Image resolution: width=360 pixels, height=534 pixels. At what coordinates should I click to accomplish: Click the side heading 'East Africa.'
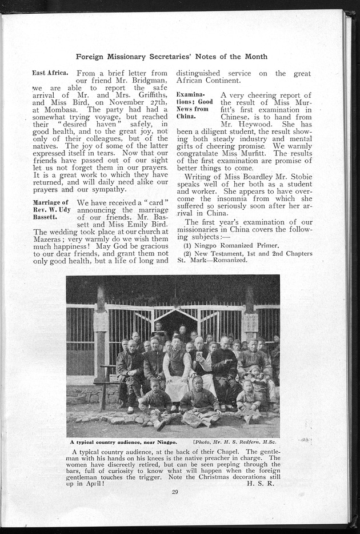tap(50, 73)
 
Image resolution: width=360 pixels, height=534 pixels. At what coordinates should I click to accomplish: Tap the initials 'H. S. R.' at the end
tap(264, 483)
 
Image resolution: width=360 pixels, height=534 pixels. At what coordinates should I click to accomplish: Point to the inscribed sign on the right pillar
tap(249, 323)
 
